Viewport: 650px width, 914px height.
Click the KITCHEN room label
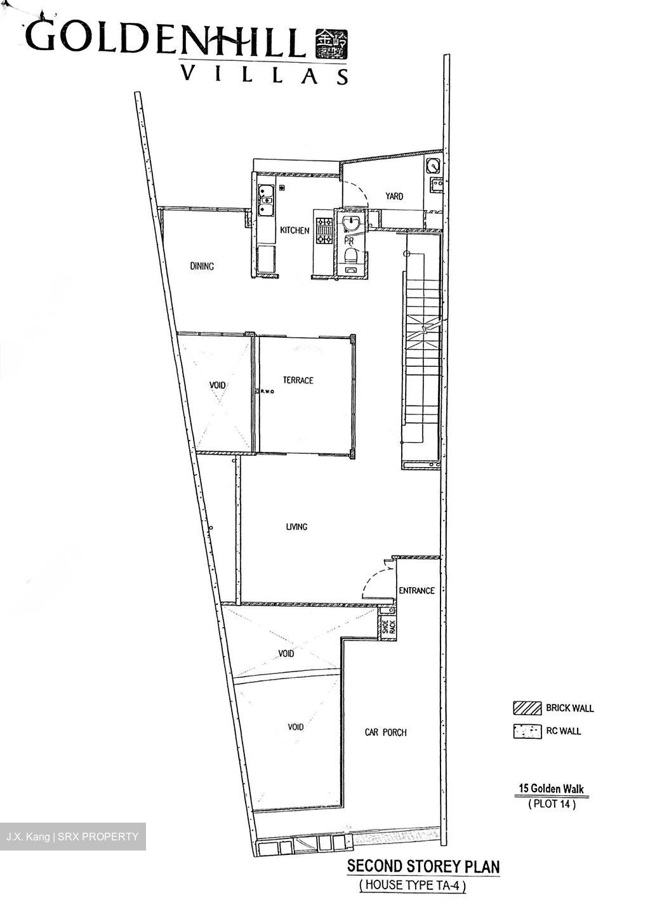(295, 230)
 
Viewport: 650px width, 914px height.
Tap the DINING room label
(202, 267)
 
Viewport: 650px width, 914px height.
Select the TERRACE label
(298, 380)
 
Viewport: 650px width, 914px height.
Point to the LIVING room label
(296, 527)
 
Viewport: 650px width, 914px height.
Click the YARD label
(394, 196)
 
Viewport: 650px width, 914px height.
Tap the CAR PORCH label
(385, 732)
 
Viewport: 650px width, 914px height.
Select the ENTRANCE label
(416, 590)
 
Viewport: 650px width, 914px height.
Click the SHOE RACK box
(387, 627)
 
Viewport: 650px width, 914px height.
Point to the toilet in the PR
(350, 257)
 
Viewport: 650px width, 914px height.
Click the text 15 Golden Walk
(551, 789)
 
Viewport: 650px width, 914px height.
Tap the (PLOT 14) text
(552, 804)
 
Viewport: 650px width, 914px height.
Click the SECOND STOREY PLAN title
(423, 866)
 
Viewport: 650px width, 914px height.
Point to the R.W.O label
(265, 392)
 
